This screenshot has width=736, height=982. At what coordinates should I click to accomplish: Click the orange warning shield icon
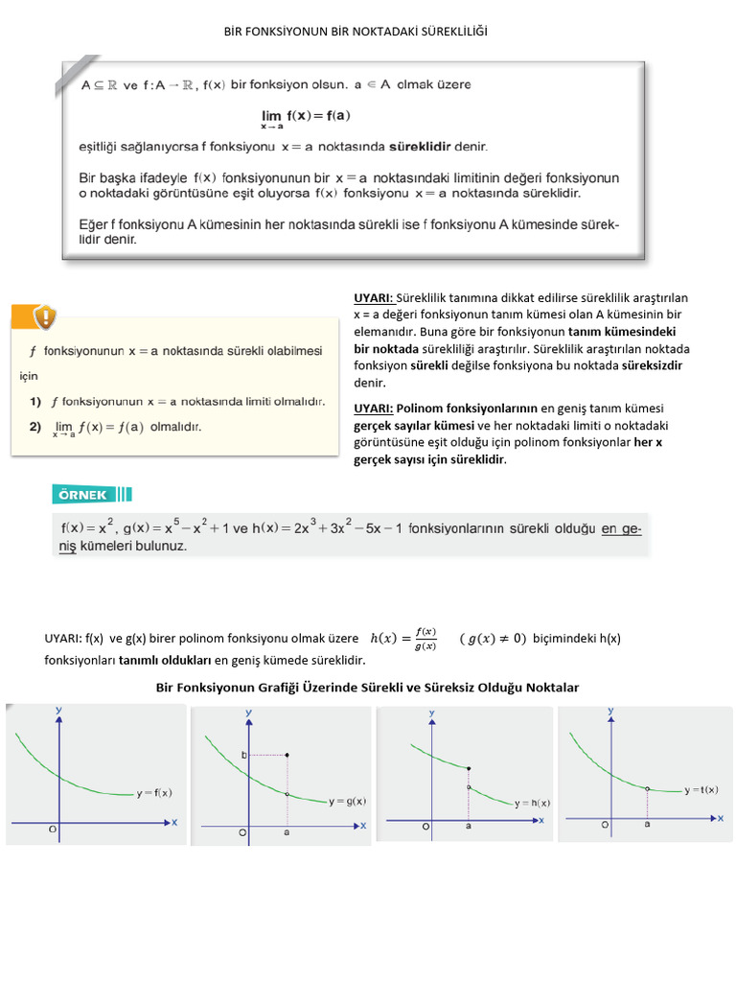pos(44,316)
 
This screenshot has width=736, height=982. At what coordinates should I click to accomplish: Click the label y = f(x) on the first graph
pos(153,792)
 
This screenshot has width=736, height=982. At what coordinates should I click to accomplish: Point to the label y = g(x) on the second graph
pos(348,801)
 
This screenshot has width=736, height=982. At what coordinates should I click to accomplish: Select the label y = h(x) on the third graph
pos(532,802)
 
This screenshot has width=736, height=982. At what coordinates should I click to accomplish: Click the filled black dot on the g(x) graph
pos(287,755)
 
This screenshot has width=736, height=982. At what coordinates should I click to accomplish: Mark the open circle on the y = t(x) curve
pos(647,789)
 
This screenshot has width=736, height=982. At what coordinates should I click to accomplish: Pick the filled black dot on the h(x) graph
pos(468,768)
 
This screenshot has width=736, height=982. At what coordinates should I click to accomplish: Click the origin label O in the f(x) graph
pos(53,830)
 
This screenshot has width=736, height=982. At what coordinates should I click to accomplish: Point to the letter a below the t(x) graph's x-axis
pos(647,823)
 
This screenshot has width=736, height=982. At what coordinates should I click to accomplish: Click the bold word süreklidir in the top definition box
pos(439,147)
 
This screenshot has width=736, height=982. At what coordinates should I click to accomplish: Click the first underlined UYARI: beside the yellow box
pos(373,298)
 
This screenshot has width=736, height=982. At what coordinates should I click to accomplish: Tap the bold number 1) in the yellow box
pos(35,400)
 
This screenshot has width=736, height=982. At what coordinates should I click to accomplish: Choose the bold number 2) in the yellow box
pos(35,427)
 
